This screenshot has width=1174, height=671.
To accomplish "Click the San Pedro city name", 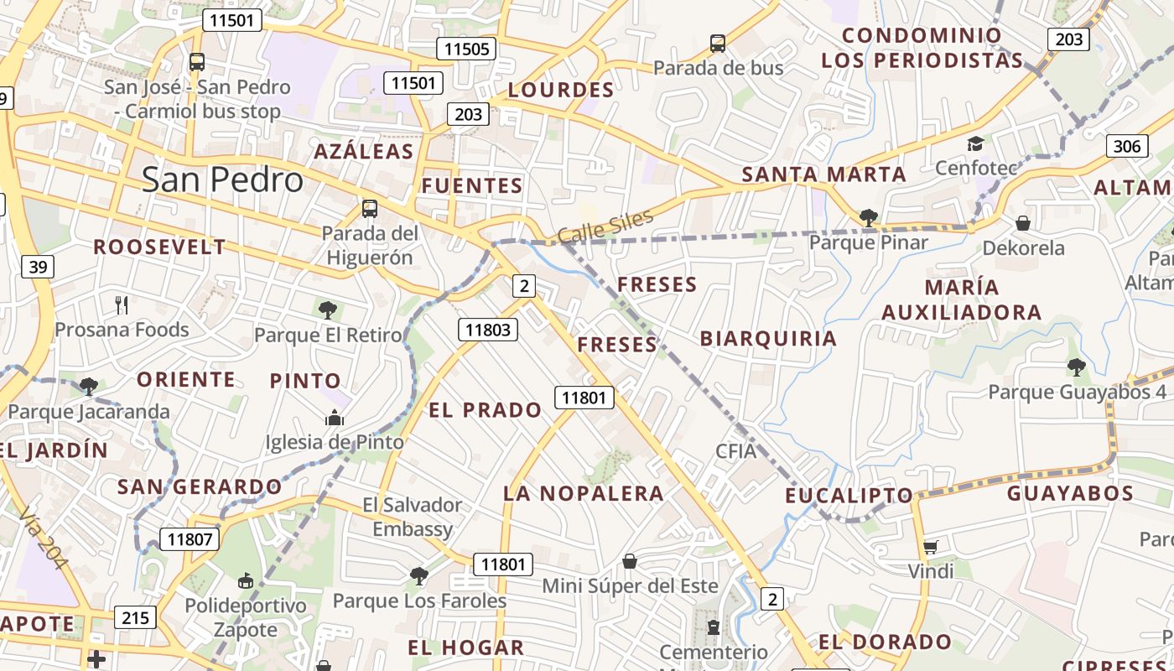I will [222, 179].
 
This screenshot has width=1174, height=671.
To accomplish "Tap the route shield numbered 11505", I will [466, 49].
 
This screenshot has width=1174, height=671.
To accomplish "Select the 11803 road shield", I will [487, 330].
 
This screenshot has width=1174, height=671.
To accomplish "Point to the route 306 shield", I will [1127, 147].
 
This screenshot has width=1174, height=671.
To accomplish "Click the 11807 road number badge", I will [190, 539].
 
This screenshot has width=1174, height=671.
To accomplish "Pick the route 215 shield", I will [134, 618].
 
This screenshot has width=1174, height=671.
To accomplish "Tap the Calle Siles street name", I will [605, 226].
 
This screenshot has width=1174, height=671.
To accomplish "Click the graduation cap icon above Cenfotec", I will [974, 144].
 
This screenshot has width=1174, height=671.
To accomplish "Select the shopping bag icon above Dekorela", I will [1022, 223].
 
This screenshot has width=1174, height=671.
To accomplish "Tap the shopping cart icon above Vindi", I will [930, 548].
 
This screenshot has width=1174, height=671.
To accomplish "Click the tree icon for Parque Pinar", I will [868, 219].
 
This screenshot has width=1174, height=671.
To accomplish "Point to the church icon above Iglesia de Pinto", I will [335, 417].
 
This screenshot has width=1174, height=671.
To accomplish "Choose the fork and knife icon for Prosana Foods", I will [122, 304].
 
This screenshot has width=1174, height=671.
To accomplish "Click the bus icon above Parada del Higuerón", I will [369, 208].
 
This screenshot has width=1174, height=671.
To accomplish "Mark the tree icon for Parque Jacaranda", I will [88, 387].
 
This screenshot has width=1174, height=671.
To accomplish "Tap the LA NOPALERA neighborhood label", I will [584, 493].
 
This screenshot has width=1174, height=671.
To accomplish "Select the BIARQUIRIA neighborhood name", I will [768, 338].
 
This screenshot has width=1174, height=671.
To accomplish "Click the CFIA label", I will [735, 451].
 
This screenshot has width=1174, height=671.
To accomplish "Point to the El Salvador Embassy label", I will [413, 517].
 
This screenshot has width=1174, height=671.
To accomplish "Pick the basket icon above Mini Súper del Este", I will [630, 560].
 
